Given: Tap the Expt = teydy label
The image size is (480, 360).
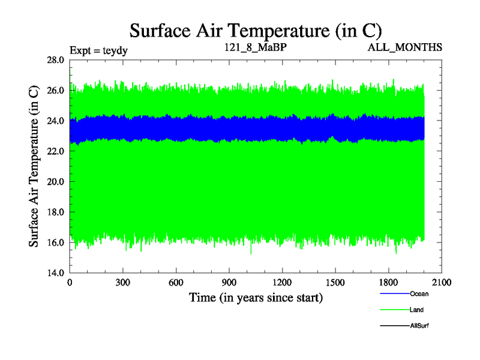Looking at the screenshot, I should (99, 50).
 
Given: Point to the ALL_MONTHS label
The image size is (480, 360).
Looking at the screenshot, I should (406, 47).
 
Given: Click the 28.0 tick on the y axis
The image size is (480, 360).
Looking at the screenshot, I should (57, 60).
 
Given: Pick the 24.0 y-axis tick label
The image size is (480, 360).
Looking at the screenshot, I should (57, 121).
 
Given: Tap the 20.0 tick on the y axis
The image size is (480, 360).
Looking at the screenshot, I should (57, 182).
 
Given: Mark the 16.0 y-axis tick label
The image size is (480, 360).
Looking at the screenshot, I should (57, 242).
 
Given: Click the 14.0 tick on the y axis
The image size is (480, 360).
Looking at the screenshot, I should (57, 273).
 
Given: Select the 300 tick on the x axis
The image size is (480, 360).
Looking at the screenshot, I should (123, 283).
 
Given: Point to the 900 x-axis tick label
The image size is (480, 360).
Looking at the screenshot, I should (229, 283).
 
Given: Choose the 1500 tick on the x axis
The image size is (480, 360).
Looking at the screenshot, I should (335, 283).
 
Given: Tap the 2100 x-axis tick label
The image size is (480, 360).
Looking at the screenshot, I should (441, 283).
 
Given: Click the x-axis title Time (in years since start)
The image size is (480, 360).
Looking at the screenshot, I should (256, 297).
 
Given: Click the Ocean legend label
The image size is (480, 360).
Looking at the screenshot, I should (419, 294).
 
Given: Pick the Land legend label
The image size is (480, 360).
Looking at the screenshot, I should (417, 310).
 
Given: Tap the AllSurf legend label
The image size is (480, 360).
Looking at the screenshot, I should (419, 326).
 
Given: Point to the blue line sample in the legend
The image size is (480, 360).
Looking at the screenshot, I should (395, 294).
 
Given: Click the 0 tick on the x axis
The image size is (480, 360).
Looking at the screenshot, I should (70, 283).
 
